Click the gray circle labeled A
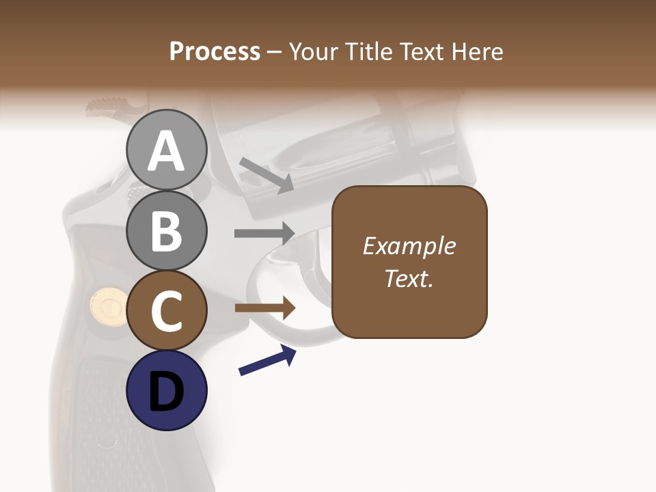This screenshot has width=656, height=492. pyautogui.click(x=166, y=150)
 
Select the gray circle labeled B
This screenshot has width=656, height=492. pyautogui.click(x=166, y=230)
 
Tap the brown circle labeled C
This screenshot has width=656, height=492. pyautogui.click(x=166, y=311)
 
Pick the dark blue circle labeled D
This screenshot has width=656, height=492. pyautogui.click(x=166, y=391)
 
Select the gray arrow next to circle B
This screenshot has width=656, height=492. pyautogui.click(x=265, y=233)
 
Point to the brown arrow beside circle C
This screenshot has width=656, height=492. pyautogui.click(x=265, y=308)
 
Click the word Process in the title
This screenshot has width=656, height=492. pyautogui.click(x=215, y=51)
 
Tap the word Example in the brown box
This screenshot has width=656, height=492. pyautogui.click(x=409, y=246)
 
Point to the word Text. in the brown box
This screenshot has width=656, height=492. pyautogui.click(x=409, y=278)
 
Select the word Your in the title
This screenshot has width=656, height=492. pyautogui.click(x=312, y=51)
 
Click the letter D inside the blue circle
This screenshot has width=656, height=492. pyautogui.click(x=166, y=392)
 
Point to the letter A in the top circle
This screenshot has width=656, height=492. pyautogui.click(x=166, y=151)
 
